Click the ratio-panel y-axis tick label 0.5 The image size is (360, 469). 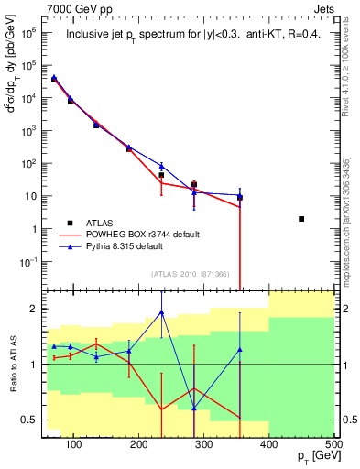click(29, 420)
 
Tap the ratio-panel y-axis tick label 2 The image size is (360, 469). click(35, 309)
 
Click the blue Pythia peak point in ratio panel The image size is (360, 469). click(161, 312)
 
